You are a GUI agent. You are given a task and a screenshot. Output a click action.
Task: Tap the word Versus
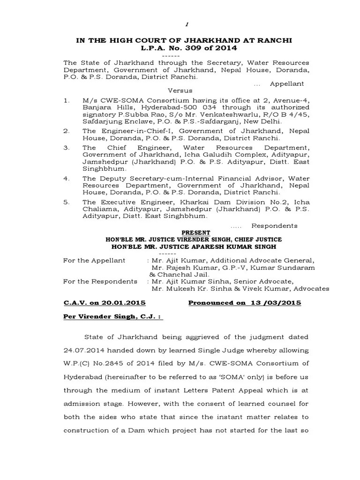(x=180, y=90)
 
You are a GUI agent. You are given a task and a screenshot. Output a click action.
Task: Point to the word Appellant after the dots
(x=286, y=83)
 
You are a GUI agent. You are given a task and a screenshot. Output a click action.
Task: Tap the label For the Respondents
(x=100, y=281)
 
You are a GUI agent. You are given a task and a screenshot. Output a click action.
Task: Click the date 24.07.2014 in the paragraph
(x=82, y=350)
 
